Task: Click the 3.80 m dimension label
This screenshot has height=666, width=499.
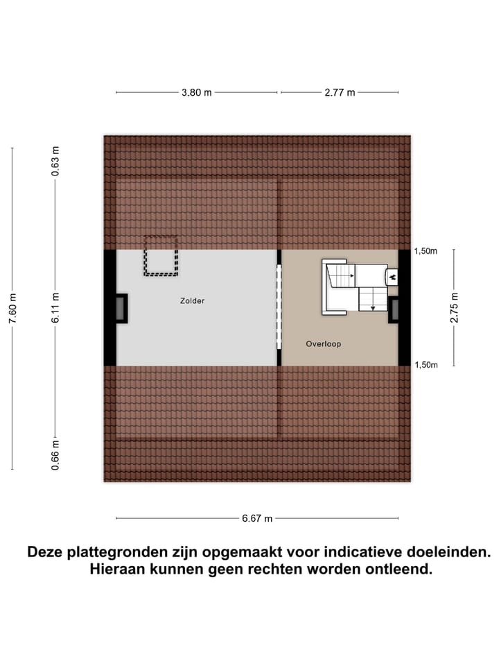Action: pos(197,92)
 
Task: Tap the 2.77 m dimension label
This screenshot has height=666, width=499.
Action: pos(340,92)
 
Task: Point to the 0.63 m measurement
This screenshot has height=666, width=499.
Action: pos(56,161)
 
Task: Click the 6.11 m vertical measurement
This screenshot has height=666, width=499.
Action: pos(56,307)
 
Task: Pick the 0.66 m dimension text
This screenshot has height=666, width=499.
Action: pos(56,455)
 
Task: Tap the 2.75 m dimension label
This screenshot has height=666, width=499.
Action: pos(454,308)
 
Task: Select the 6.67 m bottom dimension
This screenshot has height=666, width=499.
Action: pos(256,518)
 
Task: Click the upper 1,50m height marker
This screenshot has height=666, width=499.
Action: pos(426,252)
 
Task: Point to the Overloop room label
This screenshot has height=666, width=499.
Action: pos(324,344)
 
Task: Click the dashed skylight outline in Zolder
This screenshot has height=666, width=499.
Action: pos(161,255)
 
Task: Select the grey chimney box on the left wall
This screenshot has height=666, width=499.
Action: pos(121,308)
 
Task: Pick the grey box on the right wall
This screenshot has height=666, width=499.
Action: pos(394,309)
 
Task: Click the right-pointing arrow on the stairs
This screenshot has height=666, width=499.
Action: pos(352,276)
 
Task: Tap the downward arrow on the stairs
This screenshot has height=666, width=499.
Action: pos(373,306)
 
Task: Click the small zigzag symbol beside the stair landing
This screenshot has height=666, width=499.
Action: pos(392,277)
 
